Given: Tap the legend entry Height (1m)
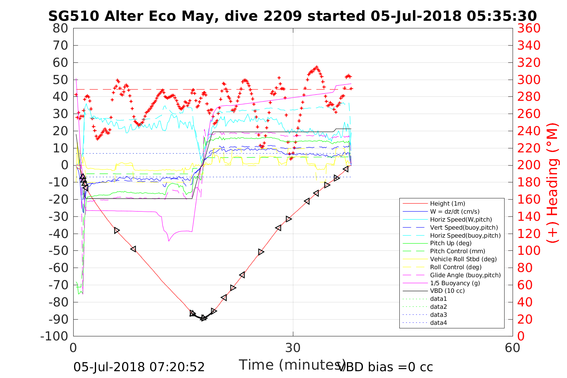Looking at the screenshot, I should pyautogui.click(x=447, y=204).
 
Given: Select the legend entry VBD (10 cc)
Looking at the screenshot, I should pyautogui.click(x=447, y=291).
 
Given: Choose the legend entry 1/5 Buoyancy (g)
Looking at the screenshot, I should pyautogui.click(x=455, y=283).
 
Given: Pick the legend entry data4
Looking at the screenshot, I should pyautogui.click(x=438, y=322).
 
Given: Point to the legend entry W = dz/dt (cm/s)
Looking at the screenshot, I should pyautogui.click(x=455, y=212).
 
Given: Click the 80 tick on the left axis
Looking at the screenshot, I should pyautogui.click(x=60, y=28).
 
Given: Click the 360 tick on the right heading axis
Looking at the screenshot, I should pyautogui.click(x=529, y=28).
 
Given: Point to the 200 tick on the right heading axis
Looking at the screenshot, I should pyautogui.click(x=529, y=165).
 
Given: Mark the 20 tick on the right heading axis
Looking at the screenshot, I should pyautogui.click(x=525, y=319).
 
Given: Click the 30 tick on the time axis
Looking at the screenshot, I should pyautogui.click(x=293, y=348).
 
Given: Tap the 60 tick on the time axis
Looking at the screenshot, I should pyautogui.click(x=512, y=348).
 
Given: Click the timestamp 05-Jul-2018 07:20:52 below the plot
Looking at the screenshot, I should pyautogui.click(x=139, y=367).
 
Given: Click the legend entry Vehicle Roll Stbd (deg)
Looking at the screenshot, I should pyautogui.click(x=463, y=259).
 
